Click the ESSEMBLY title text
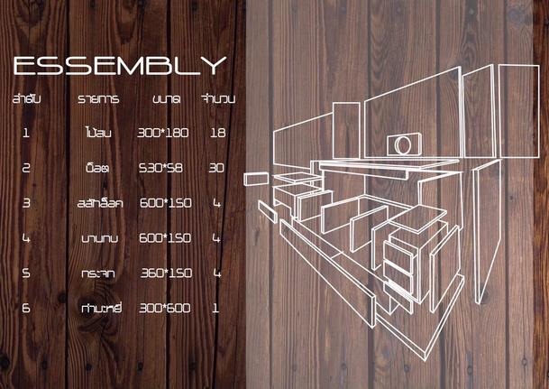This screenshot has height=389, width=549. [x=119, y=66]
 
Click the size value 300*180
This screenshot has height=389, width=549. [x=163, y=133]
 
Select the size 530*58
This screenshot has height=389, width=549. [x=163, y=168]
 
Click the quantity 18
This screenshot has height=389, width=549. [x=216, y=133]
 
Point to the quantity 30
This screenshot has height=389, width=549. [x=216, y=168]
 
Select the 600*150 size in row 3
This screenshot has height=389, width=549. [x=163, y=203]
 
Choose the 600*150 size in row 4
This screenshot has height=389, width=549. [x=163, y=237]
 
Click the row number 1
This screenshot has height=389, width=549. [x=27, y=133]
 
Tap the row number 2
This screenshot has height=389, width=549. [x=27, y=168]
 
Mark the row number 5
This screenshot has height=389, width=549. [x=27, y=272]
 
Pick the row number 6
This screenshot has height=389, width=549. [x=27, y=308]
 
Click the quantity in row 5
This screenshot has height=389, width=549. [x=216, y=272]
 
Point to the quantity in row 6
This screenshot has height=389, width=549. [x=216, y=308]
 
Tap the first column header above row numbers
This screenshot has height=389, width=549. [x=28, y=98]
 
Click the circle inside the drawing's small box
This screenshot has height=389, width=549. [x=402, y=143]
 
